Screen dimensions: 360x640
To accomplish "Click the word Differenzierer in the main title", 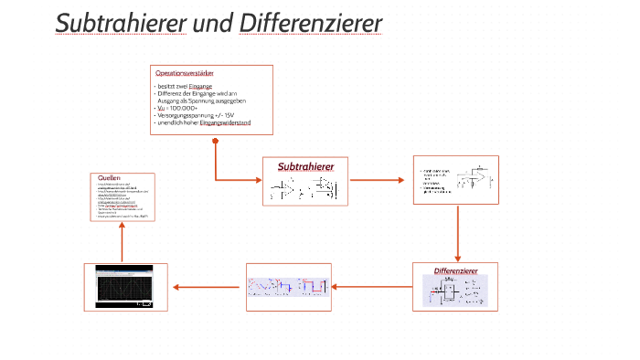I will (x=310, y=23).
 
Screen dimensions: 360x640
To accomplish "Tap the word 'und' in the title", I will (x=212, y=23).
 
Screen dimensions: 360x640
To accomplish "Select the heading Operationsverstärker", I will (x=183, y=72).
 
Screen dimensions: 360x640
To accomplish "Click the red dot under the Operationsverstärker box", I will (x=215, y=142).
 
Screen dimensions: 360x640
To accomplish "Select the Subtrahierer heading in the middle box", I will (x=305, y=166).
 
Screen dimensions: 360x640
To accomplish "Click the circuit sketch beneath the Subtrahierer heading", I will (x=304, y=188).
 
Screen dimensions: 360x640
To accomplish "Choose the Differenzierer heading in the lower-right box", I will (x=456, y=271).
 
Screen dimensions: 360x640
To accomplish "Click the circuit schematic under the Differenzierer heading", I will (x=455, y=291).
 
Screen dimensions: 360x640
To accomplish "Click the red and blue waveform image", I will (x=289, y=287).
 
